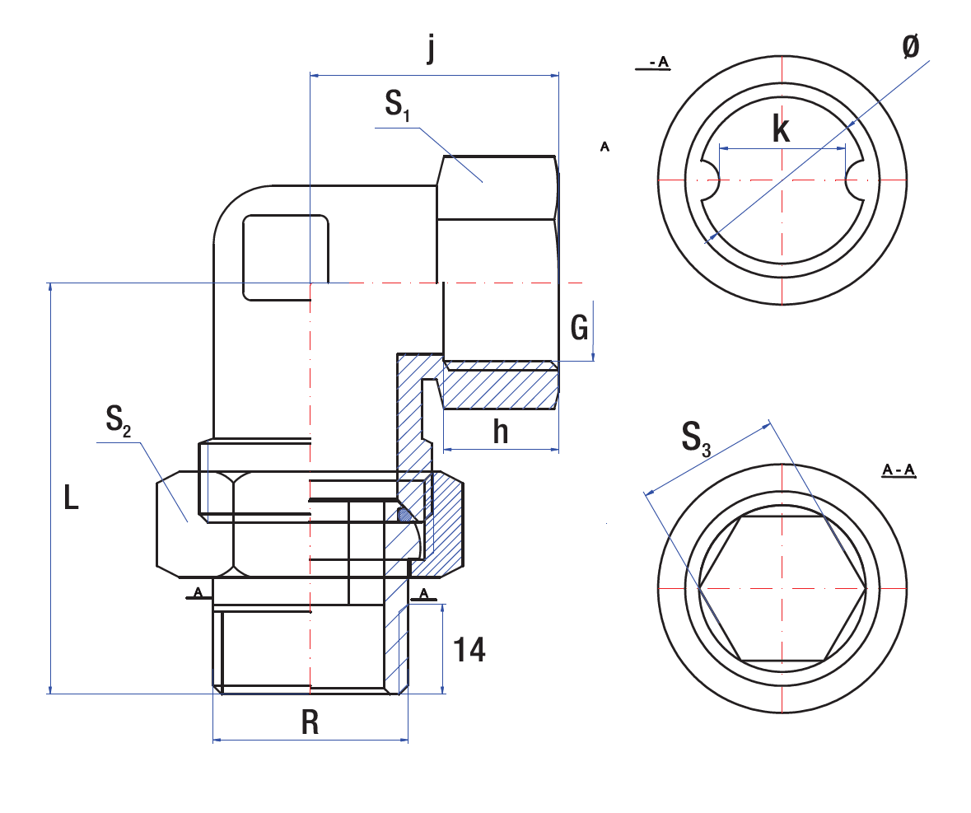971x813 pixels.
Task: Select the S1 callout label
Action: tap(396, 105)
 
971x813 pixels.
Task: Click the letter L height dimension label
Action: tap(72, 498)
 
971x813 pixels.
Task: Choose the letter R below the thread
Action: tap(310, 722)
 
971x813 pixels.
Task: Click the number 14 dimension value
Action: tap(469, 651)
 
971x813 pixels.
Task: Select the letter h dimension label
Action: tap(501, 431)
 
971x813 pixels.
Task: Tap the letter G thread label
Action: tap(580, 329)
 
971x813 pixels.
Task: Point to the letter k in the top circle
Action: tap(781, 129)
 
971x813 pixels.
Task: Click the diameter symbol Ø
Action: tap(910, 48)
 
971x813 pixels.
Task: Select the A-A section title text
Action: tap(899, 470)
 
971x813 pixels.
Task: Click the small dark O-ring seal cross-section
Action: tap(405, 516)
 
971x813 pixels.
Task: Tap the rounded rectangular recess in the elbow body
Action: tap(286, 257)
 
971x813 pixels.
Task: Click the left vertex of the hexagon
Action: tap(700, 589)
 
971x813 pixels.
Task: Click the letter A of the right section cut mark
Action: tap(423, 592)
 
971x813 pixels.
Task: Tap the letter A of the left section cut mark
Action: tap(198, 592)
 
